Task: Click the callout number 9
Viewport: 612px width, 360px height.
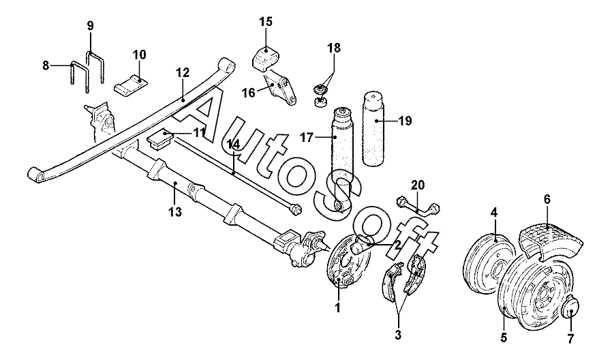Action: tap(90, 26)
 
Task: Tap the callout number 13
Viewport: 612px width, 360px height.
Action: tap(175, 212)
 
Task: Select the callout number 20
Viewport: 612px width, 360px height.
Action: tap(418, 185)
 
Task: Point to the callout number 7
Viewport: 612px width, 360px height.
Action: tap(570, 337)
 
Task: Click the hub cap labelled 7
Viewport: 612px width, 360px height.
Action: tap(570, 307)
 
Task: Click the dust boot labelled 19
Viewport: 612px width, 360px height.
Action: tap(374, 128)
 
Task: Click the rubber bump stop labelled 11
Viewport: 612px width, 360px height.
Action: tap(161, 139)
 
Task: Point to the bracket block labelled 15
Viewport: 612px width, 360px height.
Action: tap(265, 58)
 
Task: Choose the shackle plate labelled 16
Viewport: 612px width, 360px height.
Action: tap(280, 89)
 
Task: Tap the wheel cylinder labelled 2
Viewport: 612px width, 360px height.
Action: tap(361, 244)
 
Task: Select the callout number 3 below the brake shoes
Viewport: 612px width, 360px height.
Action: tap(398, 335)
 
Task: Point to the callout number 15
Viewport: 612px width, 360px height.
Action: tap(266, 21)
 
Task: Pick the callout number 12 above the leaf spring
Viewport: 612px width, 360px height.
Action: tap(182, 73)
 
